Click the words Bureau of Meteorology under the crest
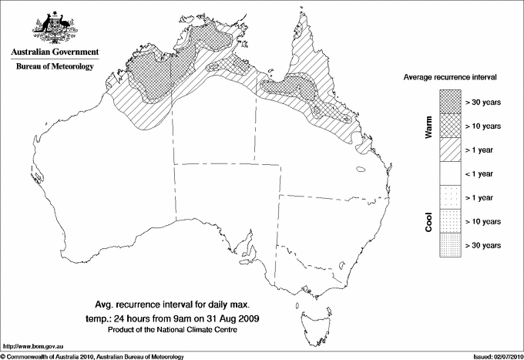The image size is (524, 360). point(55,67)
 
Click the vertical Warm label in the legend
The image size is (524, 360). point(428,126)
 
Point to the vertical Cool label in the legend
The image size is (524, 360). point(428,221)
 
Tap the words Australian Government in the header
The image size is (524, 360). point(55,52)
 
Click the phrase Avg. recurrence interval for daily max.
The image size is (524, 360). point(178,303)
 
